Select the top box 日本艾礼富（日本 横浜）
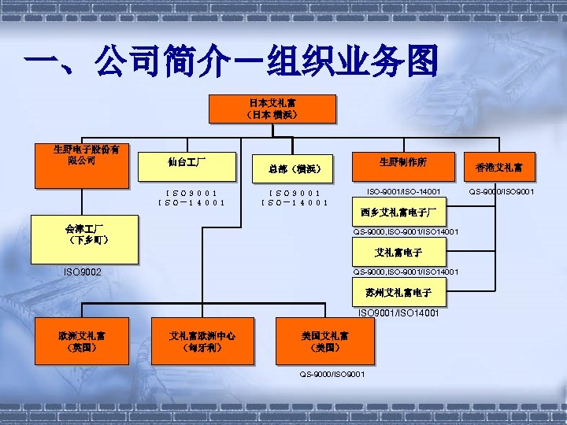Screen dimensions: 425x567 (272, 109)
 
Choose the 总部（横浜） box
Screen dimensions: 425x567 (294, 168)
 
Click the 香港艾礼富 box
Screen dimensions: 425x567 (505, 168)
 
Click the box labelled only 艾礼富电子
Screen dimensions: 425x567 (398, 253)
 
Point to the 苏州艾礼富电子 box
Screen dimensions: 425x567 (398, 294)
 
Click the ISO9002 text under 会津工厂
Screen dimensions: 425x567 (82, 272)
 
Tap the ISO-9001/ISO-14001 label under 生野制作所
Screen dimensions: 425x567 (403, 191)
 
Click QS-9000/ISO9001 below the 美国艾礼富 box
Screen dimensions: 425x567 (332, 374)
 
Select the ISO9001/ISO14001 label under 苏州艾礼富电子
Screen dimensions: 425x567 (398, 313)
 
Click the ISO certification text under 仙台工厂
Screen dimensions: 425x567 (191, 197)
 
